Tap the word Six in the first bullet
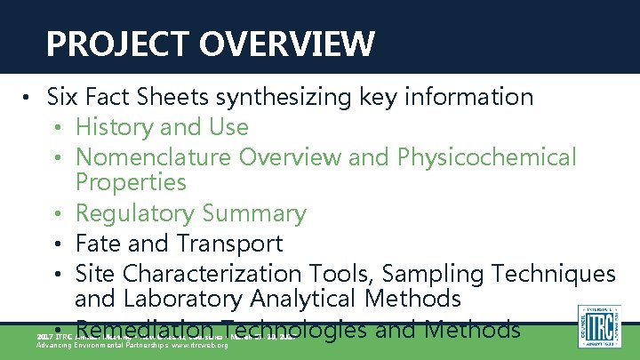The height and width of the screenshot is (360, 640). pos(63,96)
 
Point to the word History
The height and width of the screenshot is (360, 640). pos(112,127)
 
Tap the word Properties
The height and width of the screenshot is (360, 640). pos(131,183)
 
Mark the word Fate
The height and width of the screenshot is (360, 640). pos(97,243)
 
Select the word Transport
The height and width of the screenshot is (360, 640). pos(230,244)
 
